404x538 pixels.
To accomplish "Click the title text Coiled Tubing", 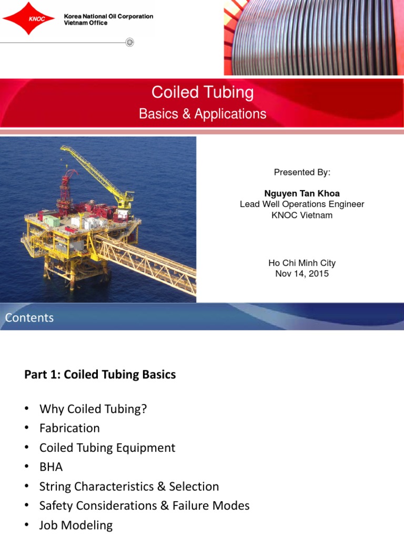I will pyautogui.click(x=203, y=92).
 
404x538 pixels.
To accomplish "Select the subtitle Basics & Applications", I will pyautogui.click(x=203, y=114).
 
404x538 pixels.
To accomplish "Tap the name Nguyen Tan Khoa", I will pyautogui.click(x=302, y=194).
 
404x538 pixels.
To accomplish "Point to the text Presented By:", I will pyautogui.click(x=302, y=172).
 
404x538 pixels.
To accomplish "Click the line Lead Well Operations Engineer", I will pyautogui.click(x=302, y=204).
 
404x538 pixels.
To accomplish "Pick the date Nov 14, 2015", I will pyautogui.click(x=302, y=274).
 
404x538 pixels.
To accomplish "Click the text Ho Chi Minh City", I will pyautogui.click(x=302, y=263).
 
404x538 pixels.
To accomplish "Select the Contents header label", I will pyautogui.click(x=29, y=318).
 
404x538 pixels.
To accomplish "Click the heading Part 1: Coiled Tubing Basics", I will pyautogui.click(x=100, y=375).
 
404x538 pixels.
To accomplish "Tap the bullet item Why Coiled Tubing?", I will pyautogui.click(x=93, y=409).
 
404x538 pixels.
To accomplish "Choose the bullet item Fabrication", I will pyautogui.click(x=69, y=428).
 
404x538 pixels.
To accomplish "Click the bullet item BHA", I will pyautogui.click(x=51, y=467).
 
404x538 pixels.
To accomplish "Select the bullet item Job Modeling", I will pyautogui.click(x=76, y=525).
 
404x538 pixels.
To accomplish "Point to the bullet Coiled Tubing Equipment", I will pyautogui.click(x=107, y=448).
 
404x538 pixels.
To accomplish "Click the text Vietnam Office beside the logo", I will pyautogui.click(x=86, y=23).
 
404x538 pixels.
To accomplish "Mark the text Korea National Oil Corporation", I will pyautogui.click(x=108, y=16).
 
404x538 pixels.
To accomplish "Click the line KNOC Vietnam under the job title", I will pyautogui.click(x=302, y=215).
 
